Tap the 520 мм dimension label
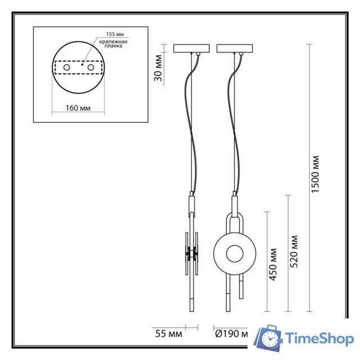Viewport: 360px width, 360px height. (293, 251)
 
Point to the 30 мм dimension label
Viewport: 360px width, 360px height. (159, 67)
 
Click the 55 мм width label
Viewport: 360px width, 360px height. (168, 333)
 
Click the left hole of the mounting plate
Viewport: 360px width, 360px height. (66, 67)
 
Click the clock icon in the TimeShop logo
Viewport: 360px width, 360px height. (271, 339)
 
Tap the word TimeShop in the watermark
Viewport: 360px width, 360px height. (319, 338)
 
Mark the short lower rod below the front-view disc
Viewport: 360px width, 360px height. (242, 287)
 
